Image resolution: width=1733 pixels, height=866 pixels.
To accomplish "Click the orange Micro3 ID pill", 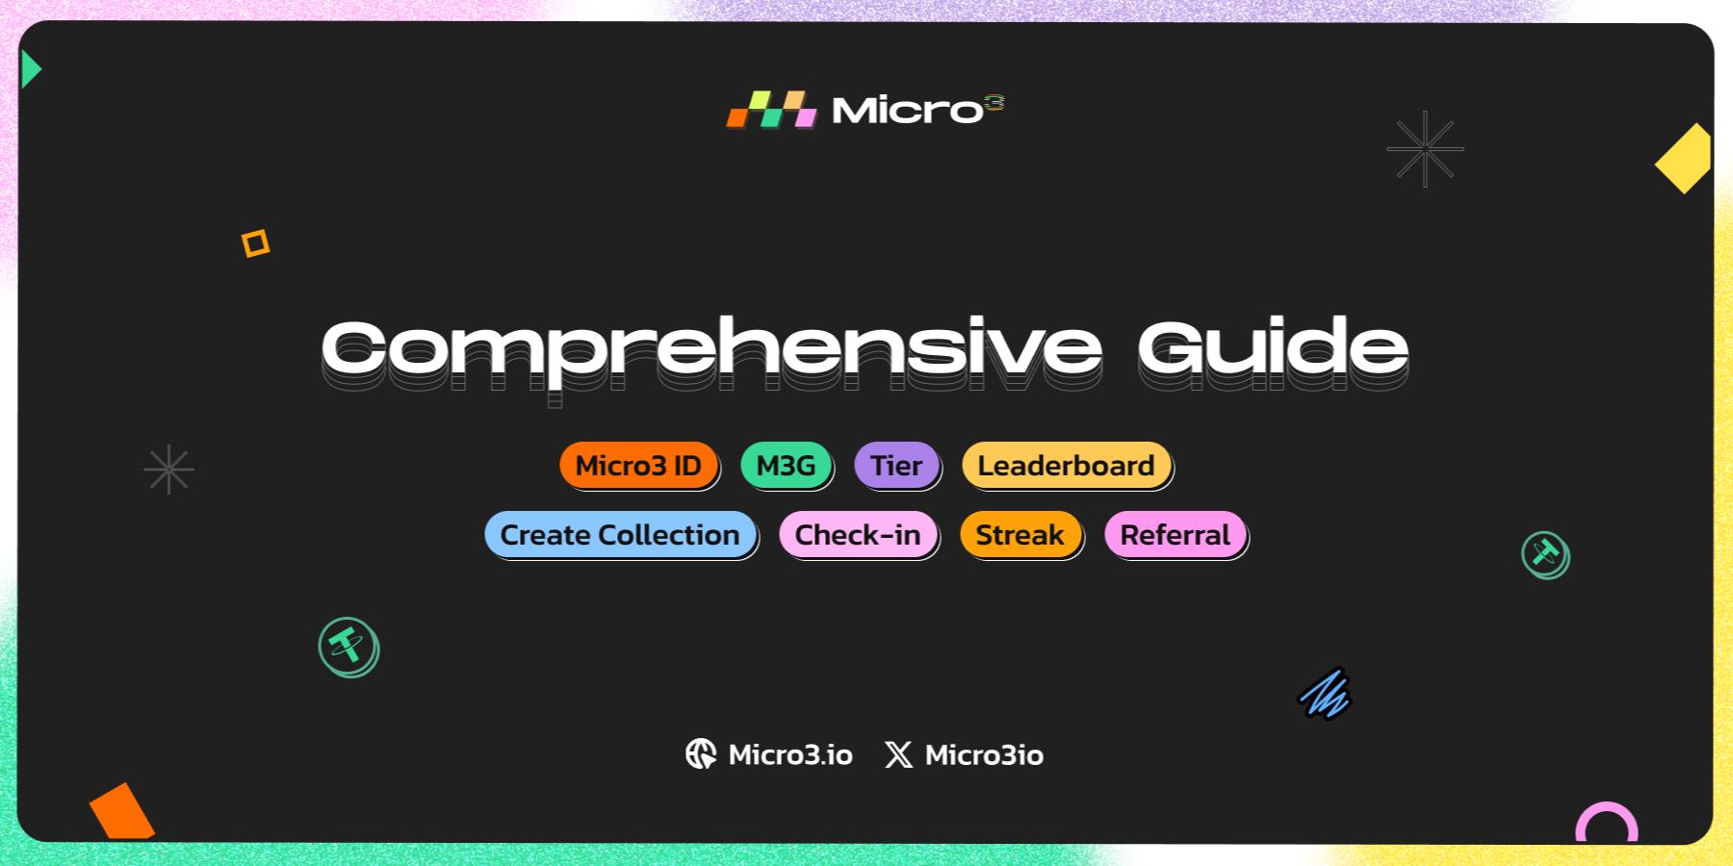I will (638, 466).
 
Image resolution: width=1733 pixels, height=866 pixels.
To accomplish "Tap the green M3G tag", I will (786, 466).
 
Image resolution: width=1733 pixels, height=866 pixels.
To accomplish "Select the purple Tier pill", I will (895, 466).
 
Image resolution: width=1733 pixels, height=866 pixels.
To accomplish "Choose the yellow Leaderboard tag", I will (1066, 466).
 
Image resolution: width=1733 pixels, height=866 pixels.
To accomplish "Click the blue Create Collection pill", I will (620, 535).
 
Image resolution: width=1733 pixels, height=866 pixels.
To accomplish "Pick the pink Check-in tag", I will (857, 535).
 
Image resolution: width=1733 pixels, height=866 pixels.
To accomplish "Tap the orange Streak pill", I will (1020, 535).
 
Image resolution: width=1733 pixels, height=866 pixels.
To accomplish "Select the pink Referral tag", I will (1175, 535).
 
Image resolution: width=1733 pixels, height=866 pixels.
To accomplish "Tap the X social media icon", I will (898, 754).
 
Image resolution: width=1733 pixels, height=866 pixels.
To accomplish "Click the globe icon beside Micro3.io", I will (701, 754).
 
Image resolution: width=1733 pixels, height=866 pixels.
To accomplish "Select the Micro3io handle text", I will (984, 755).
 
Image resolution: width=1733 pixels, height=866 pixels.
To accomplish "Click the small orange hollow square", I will (255, 243).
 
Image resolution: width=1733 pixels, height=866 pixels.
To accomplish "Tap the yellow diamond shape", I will (1685, 159).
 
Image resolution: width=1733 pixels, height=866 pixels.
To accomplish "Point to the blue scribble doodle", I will (1325, 694).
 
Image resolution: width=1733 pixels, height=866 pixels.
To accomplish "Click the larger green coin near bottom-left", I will (349, 647).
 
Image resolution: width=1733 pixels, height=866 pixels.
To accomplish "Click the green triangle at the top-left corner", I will (30, 69).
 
